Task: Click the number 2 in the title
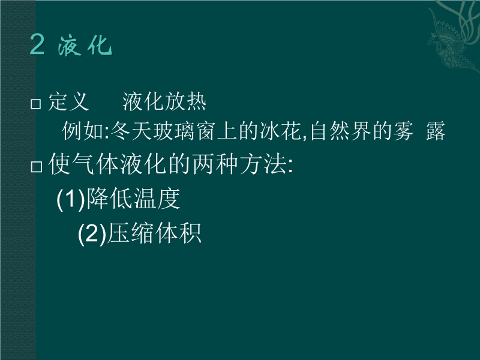click(x=37, y=44)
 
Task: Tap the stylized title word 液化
click(x=85, y=46)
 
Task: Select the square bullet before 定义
click(x=36, y=104)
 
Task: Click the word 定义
click(x=68, y=101)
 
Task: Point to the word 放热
click(x=185, y=101)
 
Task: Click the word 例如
click(x=83, y=131)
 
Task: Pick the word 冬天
click(x=131, y=131)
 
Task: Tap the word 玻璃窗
click(x=185, y=131)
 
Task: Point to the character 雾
click(x=403, y=131)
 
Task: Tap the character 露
click(x=436, y=131)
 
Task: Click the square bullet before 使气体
click(x=37, y=167)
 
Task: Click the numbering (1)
click(x=71, y=199)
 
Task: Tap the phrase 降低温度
click(x=133, y=199)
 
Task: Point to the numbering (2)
click(x=92, y=233)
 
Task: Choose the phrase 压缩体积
click(x=154, y=233)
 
